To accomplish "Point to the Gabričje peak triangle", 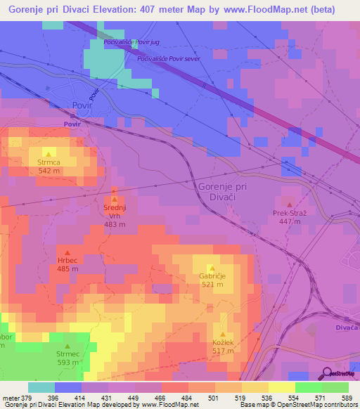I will point(211,267).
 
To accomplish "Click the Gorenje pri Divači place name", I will point(222,192).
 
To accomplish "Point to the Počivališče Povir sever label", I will point(169,59).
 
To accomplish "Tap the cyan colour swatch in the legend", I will point(41,387).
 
